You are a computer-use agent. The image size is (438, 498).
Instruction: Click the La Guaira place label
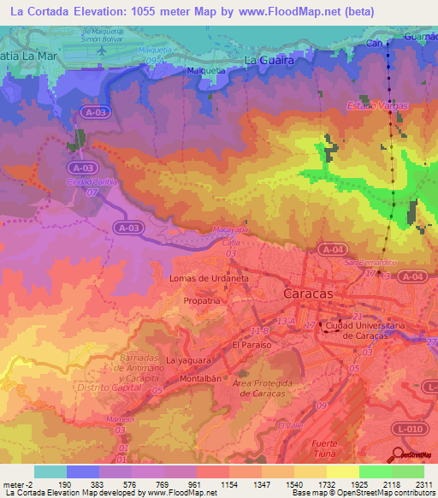pos(269,61)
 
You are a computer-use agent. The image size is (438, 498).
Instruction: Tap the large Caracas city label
pos(307,293)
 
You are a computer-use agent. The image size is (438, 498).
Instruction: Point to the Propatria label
pos(203,302)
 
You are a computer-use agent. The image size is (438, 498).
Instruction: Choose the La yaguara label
pos(187,361)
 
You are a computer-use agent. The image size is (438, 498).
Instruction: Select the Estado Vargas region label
pos(377,105)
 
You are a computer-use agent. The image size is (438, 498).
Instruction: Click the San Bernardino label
pos(370,263)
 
